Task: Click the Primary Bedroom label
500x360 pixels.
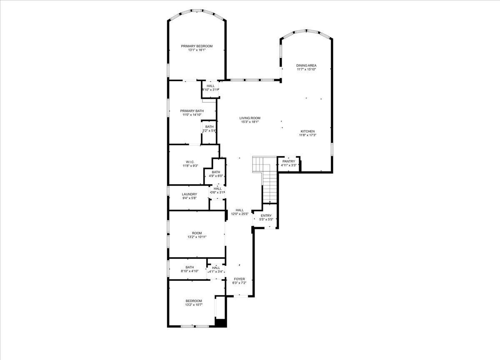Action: point(197,46)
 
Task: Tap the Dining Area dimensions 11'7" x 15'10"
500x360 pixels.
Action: point(306,70)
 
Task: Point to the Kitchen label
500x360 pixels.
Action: point(307,131)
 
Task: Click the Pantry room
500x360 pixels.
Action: point(289,163)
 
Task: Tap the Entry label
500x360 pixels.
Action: point(266,215)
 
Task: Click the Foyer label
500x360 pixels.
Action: point(239,279)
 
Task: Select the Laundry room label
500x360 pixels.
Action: point(189,194)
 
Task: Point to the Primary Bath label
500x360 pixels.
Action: point(192,111)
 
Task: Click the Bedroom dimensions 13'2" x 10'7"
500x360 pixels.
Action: point(194,305)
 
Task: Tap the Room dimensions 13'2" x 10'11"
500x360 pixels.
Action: point(197,237)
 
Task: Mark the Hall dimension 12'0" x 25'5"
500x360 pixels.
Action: point(240,214)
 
